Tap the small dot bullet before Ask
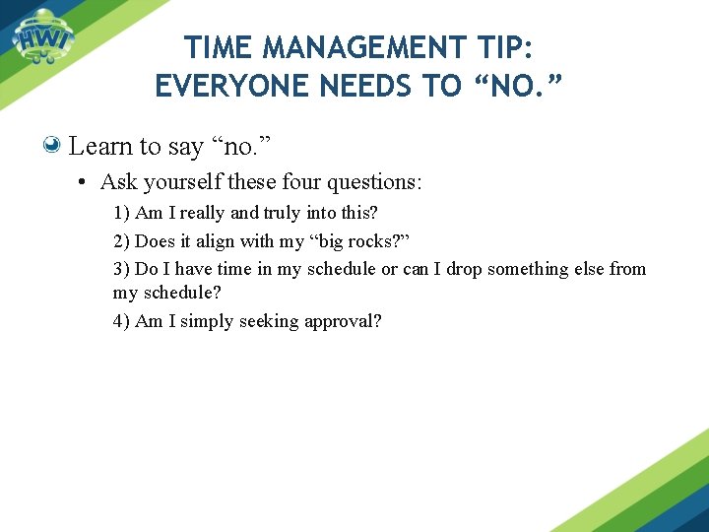(85, 182)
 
